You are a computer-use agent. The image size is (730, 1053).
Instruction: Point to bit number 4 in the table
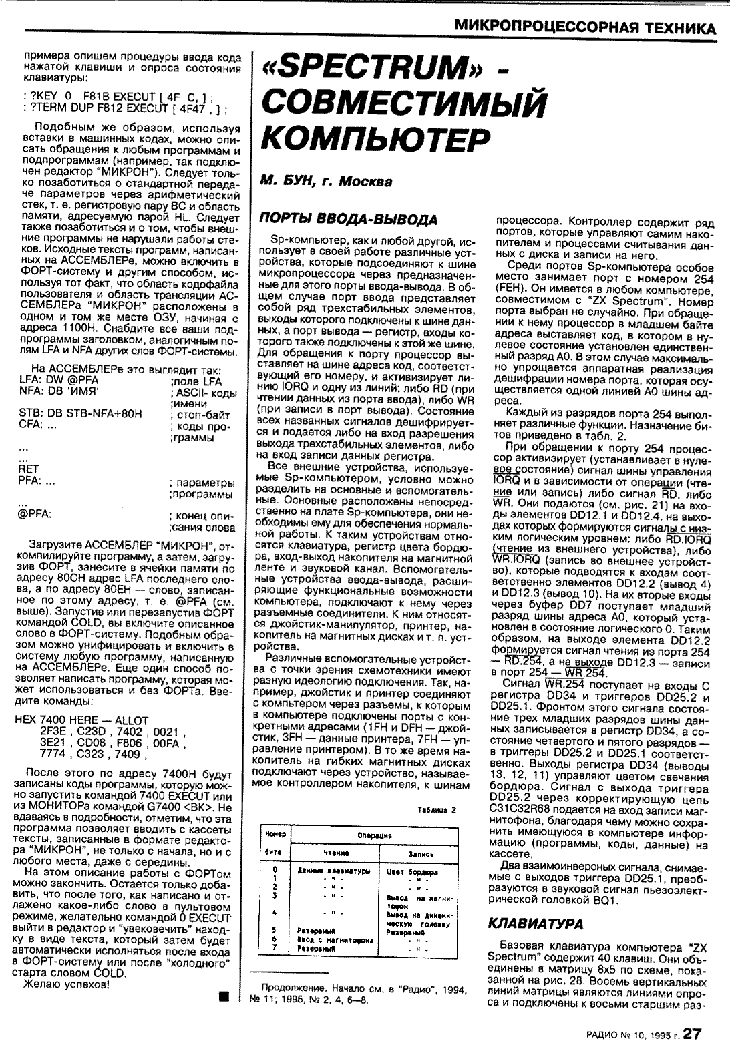275,912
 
